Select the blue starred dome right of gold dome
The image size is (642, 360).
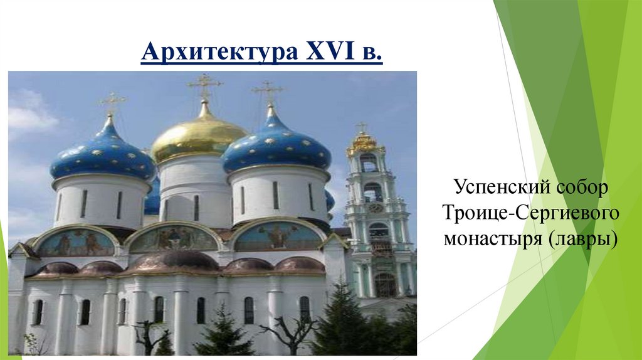(276, 147)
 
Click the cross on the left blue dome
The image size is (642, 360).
(112, 102)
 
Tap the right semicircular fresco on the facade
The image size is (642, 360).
(277, 237)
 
